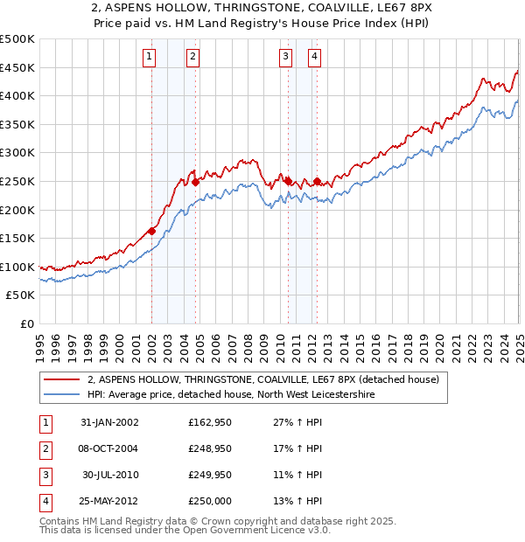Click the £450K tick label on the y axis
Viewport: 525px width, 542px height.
17,67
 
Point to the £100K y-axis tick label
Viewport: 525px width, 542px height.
17,267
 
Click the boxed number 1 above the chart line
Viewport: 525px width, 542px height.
150,58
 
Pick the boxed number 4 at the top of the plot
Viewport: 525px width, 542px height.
313,58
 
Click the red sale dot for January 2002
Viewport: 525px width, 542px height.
152,231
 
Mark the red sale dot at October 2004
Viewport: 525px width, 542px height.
195,182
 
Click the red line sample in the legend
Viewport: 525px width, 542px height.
61,380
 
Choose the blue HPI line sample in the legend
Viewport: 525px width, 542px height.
61,395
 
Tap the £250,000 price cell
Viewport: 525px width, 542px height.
210,501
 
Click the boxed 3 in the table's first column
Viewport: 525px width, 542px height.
42,475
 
